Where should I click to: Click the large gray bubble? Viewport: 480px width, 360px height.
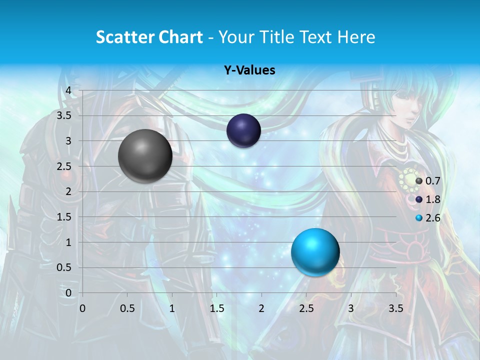(145, 156)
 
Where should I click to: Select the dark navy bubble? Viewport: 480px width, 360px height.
(243, 130)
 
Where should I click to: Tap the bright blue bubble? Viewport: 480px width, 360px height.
(315, 252)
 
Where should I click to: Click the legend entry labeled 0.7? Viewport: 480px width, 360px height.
(428, 181)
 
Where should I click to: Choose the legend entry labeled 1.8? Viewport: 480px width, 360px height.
(428, 199)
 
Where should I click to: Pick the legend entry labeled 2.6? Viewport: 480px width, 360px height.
(428, 218)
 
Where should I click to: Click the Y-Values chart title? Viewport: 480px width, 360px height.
(249, 70)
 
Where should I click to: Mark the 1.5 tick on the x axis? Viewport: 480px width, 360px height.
(216, 308)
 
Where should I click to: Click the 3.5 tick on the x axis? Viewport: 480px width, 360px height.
(395, 308)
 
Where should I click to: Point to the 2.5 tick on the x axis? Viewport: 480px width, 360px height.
(306, 308)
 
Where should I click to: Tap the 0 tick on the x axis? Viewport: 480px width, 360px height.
(82, 308)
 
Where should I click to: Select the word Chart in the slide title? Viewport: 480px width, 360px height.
(180, 37)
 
